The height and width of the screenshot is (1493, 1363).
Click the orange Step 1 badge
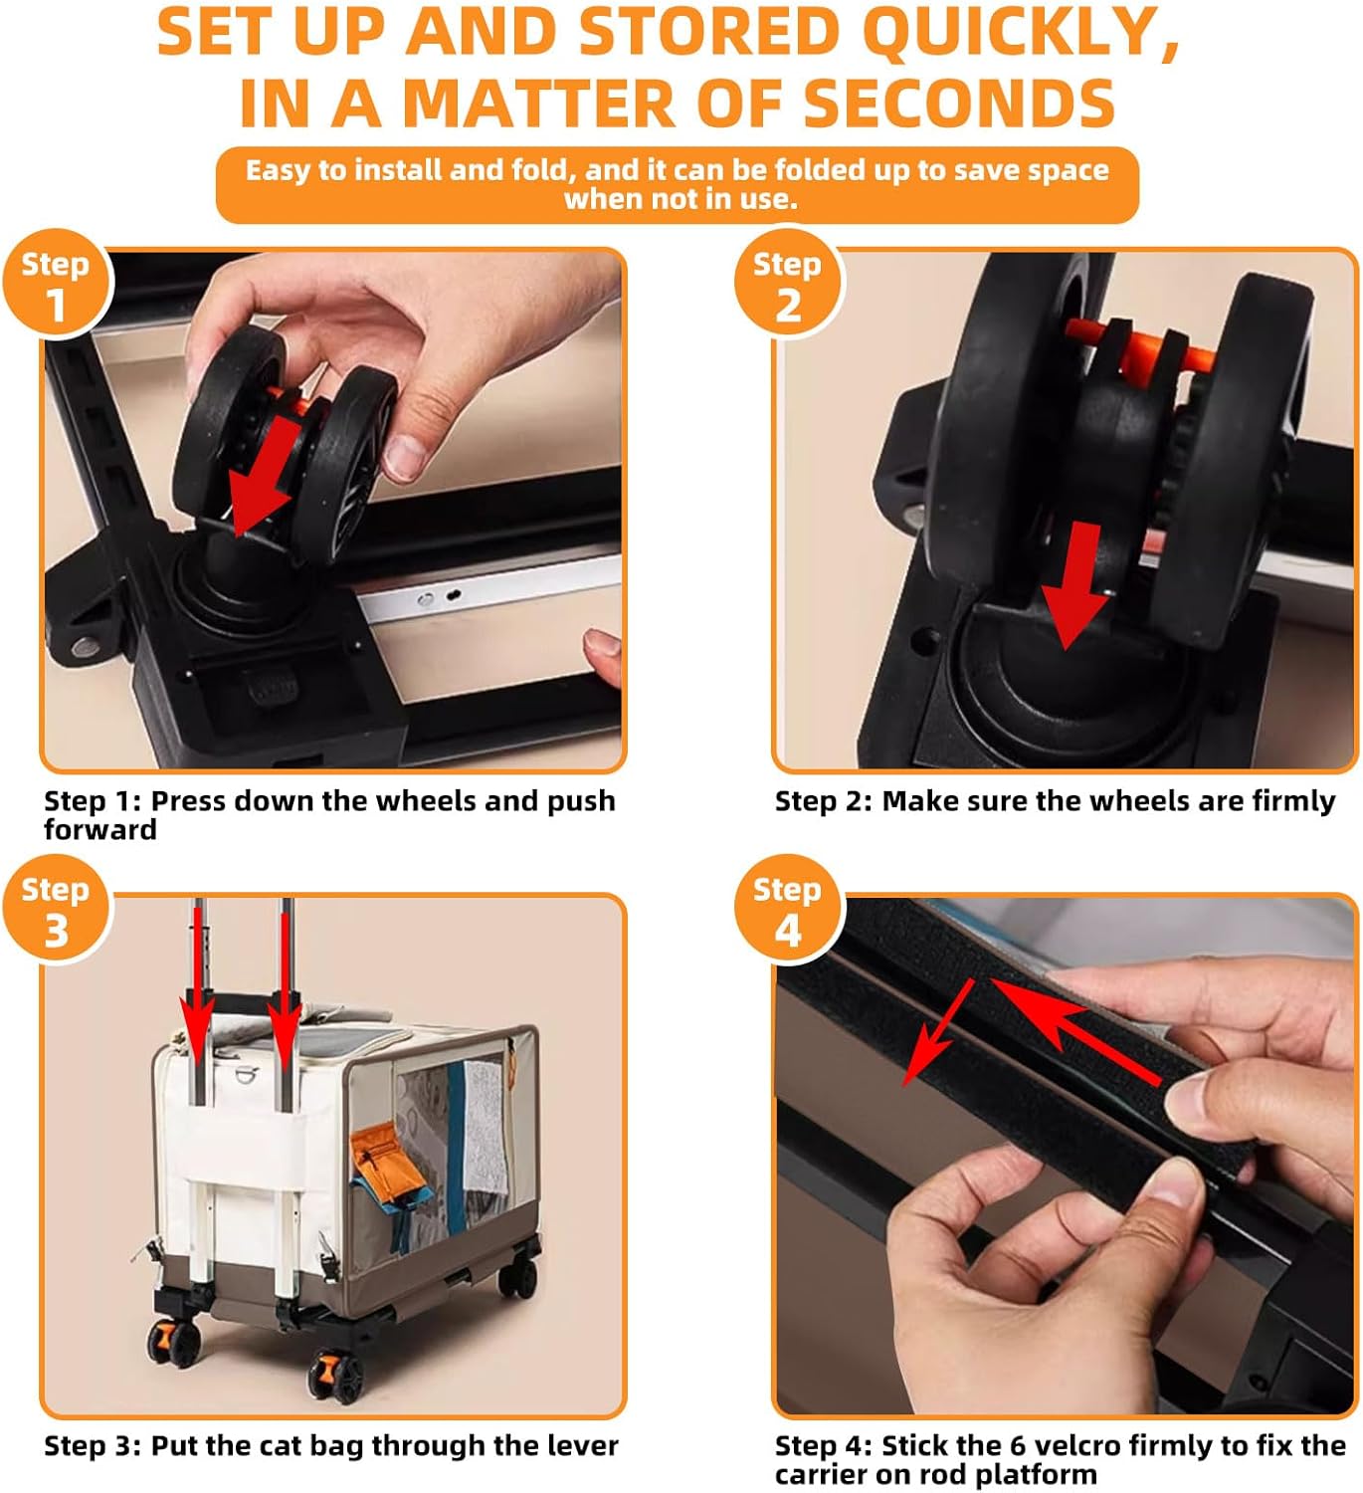(x=56, y=284)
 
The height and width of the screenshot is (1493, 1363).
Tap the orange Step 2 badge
(x=787, y=284)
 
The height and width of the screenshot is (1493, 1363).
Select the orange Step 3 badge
(x=56, y=908)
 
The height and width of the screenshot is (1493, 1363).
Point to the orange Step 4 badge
(x=787, y=908)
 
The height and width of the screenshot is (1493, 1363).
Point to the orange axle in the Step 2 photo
(x=1137, y=349)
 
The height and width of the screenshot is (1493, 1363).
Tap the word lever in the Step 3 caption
(x=583, y=1445)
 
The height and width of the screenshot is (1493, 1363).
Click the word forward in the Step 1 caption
(x=100, y=829)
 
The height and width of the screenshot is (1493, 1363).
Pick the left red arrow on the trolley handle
(x=198, y=982)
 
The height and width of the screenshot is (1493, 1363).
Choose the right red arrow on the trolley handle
(x=285, y=982)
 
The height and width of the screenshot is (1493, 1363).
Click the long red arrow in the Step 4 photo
(x=1075, y=1029)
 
